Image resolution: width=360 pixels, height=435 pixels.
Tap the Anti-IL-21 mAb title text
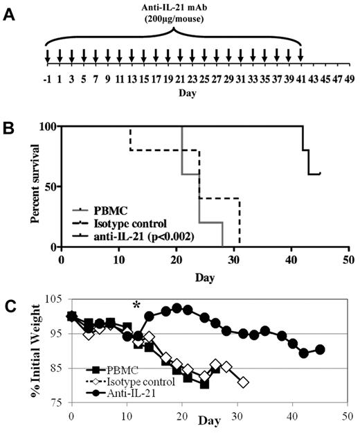click(x=173, y=8)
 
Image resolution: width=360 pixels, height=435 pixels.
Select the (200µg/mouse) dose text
click(x=173, y=20)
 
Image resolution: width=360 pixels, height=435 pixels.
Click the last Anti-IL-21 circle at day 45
click(x=319, y=349)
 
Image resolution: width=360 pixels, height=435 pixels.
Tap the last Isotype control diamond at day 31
click(x=242, y=382)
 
